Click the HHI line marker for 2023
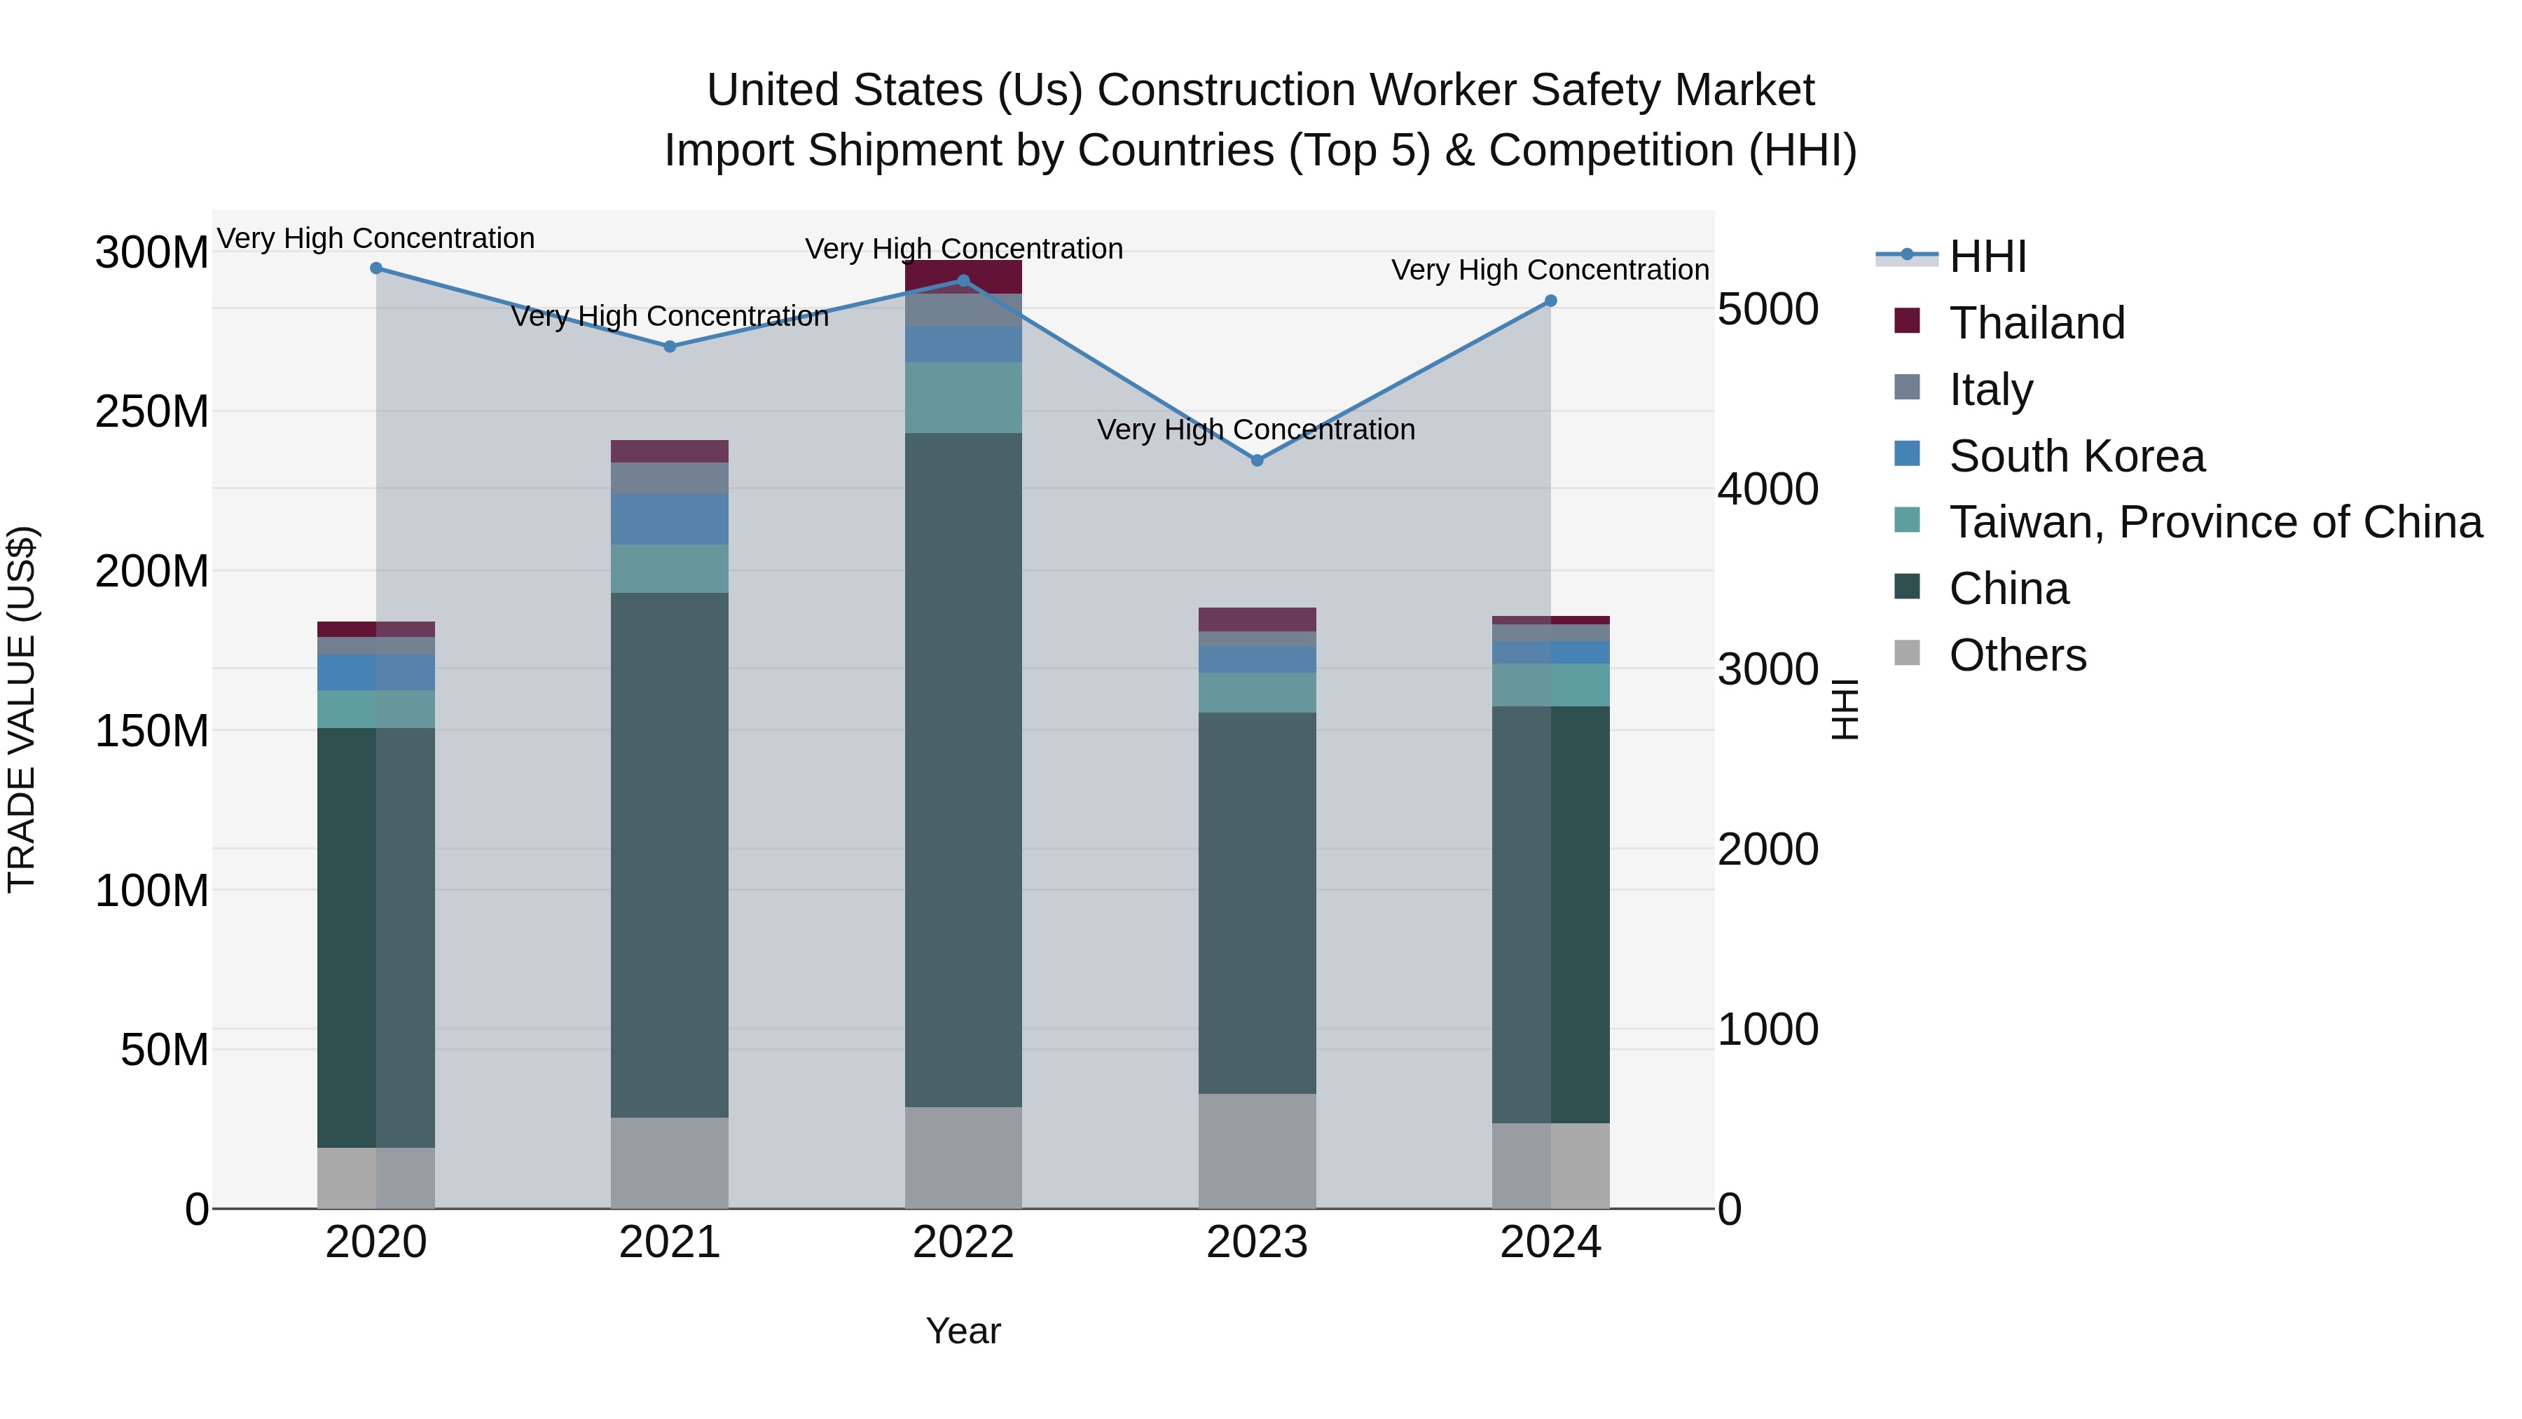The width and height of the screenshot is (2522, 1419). (x=1257, y=460)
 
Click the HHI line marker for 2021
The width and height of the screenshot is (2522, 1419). (x=670, y=347)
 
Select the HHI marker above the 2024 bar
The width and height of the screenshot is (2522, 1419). (x=1551, y=301)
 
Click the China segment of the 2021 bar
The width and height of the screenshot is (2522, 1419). (x=670, y=852)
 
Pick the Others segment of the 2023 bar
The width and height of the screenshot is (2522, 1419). (x=1257, y=1151)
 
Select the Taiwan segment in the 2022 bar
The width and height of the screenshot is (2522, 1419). (x=963, y=397)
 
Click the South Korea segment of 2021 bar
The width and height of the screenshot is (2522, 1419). (x=670, y=519)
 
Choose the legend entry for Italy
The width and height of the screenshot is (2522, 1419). (x=1990, y=390)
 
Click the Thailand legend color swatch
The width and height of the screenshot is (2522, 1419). (x=1907, y=320)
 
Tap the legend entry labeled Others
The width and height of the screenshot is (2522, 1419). (x=2017, y=655)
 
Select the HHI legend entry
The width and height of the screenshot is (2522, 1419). (x=1987, y=256)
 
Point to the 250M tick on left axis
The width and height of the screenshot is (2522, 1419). (x=152, y=412)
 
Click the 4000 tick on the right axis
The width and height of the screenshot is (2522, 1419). (x=1768, y=490)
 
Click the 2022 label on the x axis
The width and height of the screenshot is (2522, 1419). (x=963, y=1242)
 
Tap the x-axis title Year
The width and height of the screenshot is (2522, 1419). (x=963, y=1331)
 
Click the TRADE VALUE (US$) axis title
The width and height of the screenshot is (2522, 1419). (x=22, y=709)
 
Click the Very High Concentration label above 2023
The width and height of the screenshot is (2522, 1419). (x=1256, y=430)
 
